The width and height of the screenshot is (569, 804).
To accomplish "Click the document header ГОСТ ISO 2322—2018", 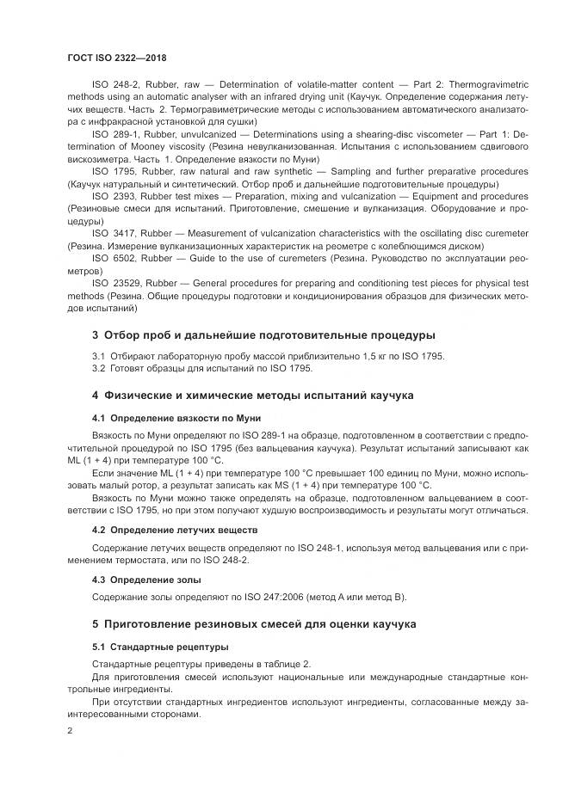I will tap(116, 58).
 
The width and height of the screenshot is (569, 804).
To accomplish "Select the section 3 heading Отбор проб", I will tap(263, 334).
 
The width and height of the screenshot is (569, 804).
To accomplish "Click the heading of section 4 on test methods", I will tap(253, 395).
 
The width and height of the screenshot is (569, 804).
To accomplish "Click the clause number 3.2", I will tap(98, 369).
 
